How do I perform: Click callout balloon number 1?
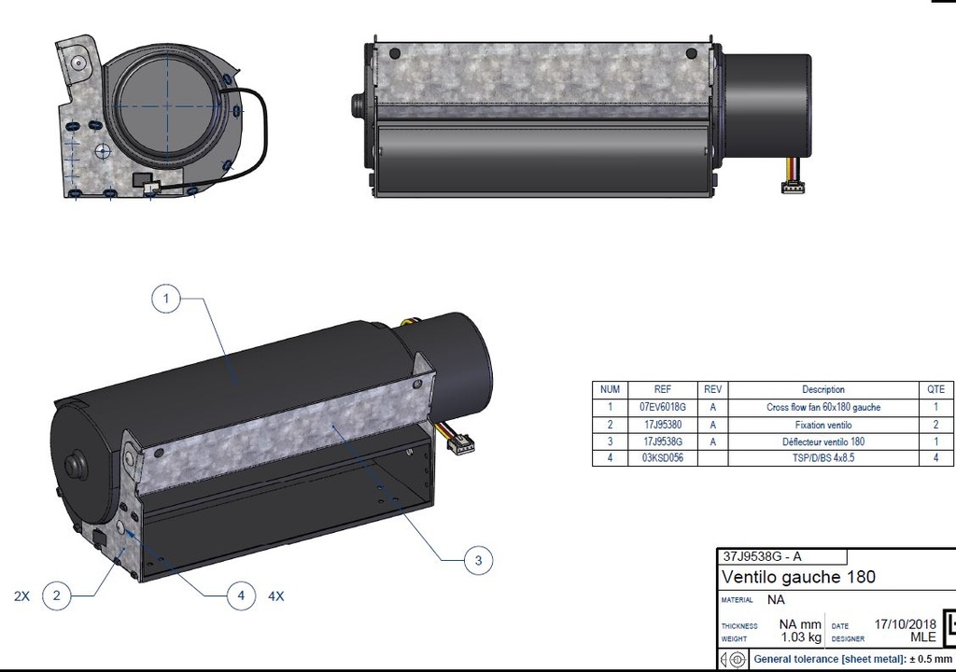(x=165, y=299)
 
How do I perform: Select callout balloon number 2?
(x=57, y=595)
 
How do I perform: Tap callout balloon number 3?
(x=478, y=560)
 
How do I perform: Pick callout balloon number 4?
(x=241, y=595)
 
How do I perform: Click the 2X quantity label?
(x=21, y=595)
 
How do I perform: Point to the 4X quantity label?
(x=276, y=595)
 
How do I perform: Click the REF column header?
(x=663, y=389)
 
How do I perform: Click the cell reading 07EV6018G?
(x=663, y=407)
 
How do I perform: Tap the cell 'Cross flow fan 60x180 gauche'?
(x=822, y=407)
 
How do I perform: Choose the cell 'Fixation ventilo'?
(x=822, y=425)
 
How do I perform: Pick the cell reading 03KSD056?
(x=663, y=458)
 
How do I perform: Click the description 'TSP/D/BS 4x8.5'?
(x=822, y=458)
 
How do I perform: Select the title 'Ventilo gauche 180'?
(x=798, y=577)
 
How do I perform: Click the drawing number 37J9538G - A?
(x=762, y=556)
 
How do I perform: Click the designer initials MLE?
(x=922, y=638)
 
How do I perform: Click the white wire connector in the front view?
(x=794, y=188)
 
